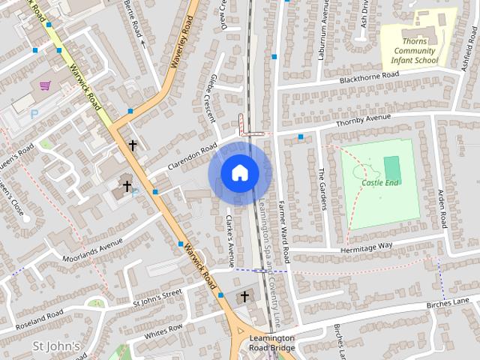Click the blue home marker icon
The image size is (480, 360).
(x=239, y=173)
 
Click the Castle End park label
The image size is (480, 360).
(x=380, y=182)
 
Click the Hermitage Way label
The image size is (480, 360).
(x=366, y=245)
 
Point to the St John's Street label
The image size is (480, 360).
(x=157, y=297)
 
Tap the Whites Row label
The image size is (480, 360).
(x=163, y=331)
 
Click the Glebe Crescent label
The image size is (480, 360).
(x=209, y=97)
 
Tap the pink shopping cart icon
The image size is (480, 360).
(x=46, y=85)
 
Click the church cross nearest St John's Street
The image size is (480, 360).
(x=244, y=298)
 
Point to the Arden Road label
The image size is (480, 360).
(x=442, y=209)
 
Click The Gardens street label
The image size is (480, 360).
(x=322, y=187)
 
